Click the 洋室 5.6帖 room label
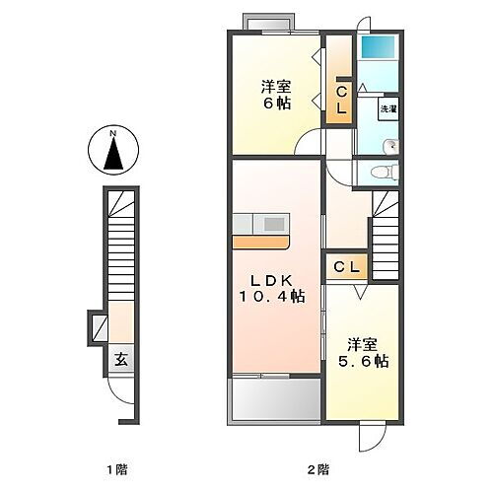(x=361, y=353)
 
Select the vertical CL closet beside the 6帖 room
(x=340, y=102)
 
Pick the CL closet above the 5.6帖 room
(x=345, y=267)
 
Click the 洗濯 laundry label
(x=388, y=109)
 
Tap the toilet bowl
(x=380, y=172)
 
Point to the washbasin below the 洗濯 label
(x=390, y=146)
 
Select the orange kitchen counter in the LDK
(x=261, y=240)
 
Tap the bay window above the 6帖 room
(x=268, y=22)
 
